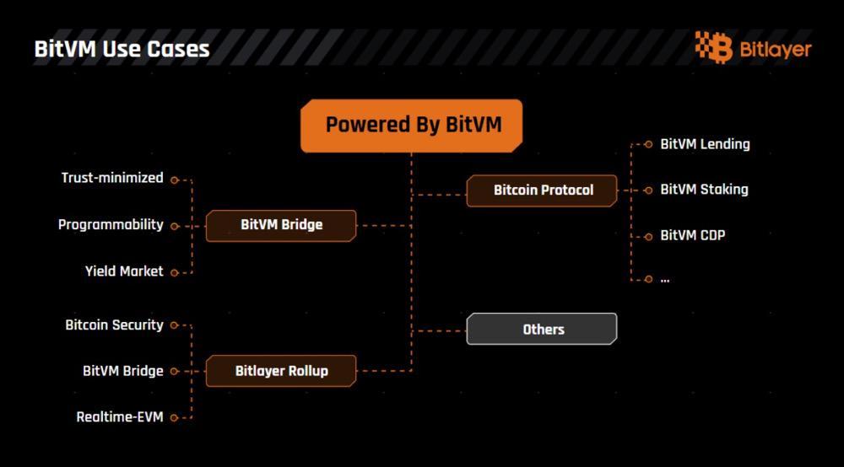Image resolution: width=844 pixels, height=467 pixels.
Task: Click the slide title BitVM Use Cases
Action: pos(122,49)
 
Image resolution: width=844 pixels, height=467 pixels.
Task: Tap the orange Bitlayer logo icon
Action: pos(714,47)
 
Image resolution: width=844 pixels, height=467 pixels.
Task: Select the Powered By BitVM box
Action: pos(412,125)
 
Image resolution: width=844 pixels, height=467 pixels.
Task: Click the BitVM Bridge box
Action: pos(281,225)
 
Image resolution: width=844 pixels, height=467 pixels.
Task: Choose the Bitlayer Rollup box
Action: pos(281,371)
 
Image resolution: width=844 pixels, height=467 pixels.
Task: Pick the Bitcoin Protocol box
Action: pos(543,191)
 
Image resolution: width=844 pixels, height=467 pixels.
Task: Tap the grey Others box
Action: pos(543,330)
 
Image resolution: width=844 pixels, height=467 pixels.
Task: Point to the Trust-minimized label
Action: pos(112,178)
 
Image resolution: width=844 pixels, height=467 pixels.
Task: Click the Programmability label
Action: pos(111,225)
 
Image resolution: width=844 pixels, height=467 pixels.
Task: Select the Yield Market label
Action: pos(124,271)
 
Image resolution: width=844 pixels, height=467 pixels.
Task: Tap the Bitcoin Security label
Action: pos(114,325)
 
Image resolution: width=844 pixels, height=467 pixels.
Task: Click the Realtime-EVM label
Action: pos(119,417)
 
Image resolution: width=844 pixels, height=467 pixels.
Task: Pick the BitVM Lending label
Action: pos(705,144)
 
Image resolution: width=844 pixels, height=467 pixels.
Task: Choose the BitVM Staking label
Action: pos(704,190)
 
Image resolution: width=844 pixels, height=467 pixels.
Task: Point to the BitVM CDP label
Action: pos(692,235)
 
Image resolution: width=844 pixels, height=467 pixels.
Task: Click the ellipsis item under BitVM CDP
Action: pos(665,279)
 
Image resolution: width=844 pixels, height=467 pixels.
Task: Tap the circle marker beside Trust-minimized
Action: pos(174,180)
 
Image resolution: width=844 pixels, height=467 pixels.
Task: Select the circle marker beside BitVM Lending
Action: pos(648,144)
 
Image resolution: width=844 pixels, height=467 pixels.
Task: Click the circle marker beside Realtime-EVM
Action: pos(174,417)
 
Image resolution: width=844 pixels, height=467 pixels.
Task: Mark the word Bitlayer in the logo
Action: pos(775,49)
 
